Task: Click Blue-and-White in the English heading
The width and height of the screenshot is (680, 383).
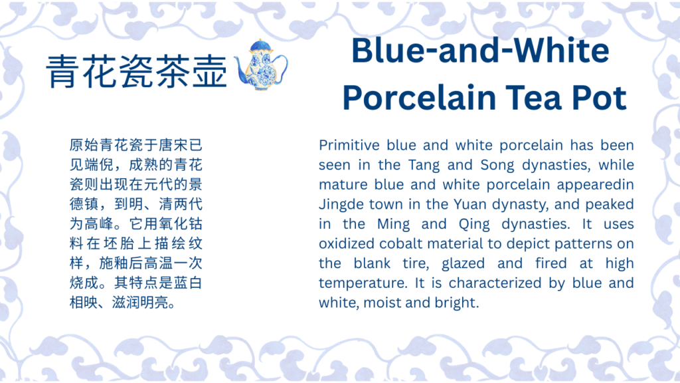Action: point(480,51)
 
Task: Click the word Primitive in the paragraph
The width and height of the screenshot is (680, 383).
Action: point(349,145)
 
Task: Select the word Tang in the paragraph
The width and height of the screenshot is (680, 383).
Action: point(424,166)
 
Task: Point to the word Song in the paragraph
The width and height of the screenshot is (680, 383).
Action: point(497,166)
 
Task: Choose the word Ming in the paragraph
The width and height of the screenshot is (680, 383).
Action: point(393,225)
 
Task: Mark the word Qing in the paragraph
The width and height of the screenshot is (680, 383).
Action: point(474,225)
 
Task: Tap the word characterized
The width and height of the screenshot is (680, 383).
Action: point(495,283)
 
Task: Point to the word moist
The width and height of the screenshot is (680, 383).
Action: point(380,303)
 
